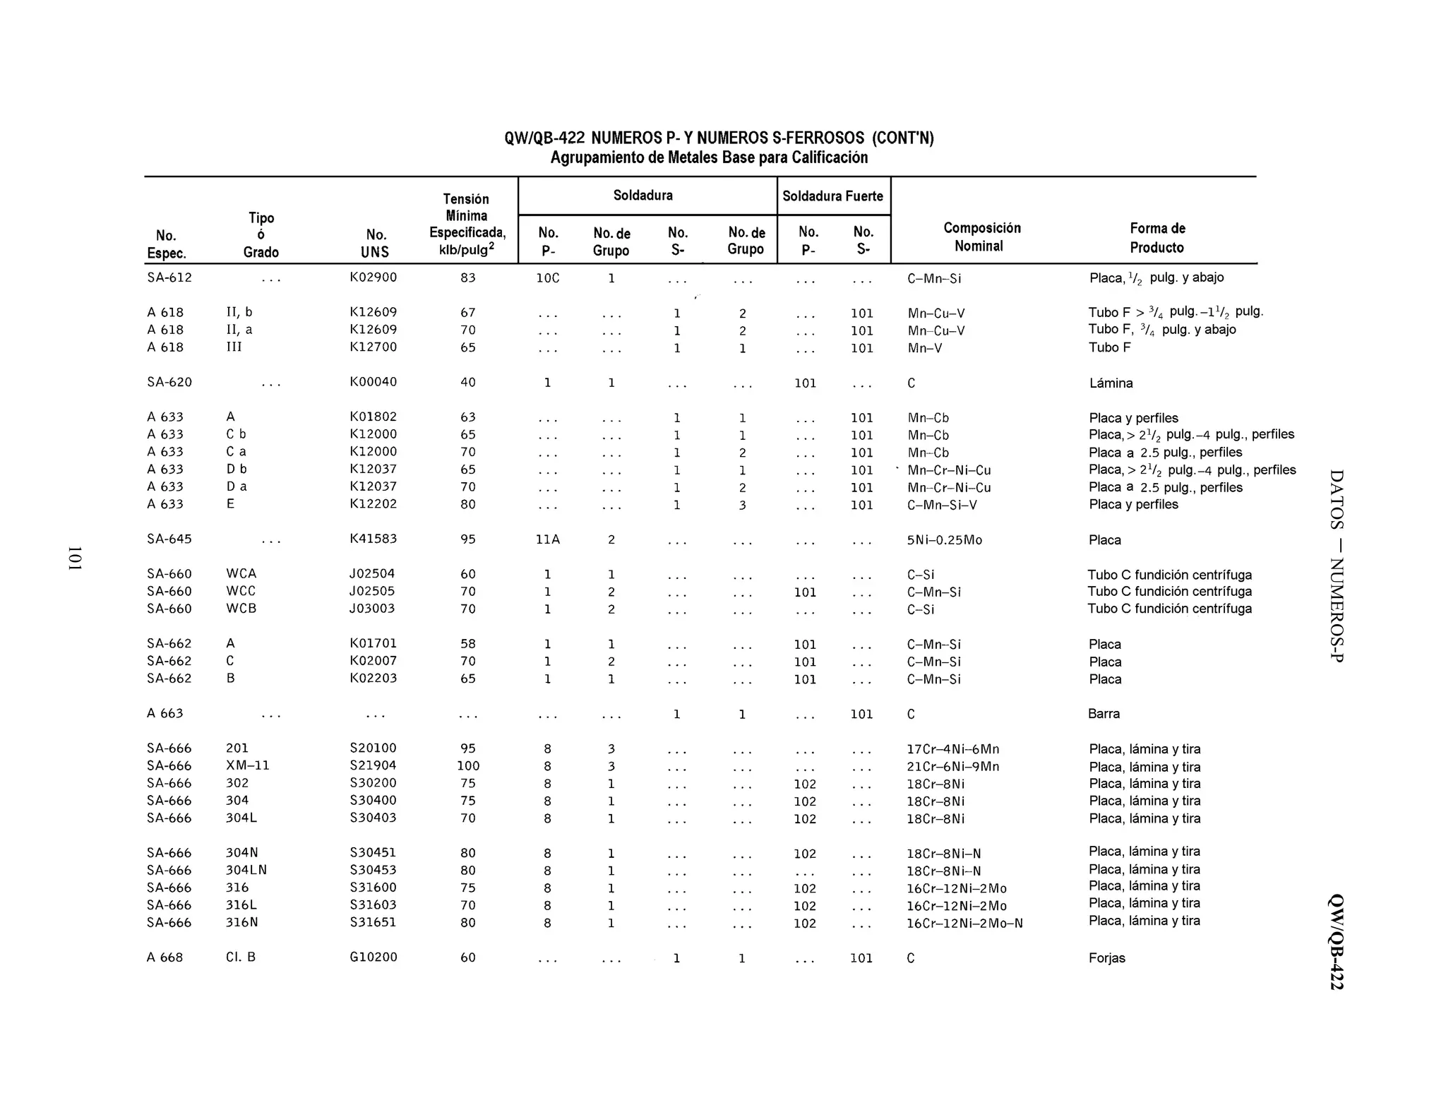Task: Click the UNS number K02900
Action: pyautogui.click(x=373, y=277)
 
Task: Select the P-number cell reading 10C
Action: pyautogui.click(x=547, y=278)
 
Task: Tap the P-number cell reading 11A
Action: pyautogui.click(x=547, y=539)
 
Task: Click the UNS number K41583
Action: pyautogui.click(x=373, y=539)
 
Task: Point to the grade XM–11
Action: pyautogui.click(x=247, y=765)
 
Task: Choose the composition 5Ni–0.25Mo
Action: pyautogui.click(x=944, y=540)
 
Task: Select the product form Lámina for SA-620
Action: pyautogui.click(x=1111, y=383)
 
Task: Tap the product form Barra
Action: pyautogui.click(x=1104, y=714)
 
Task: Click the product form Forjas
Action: pyautogui.click(x=1106, y=958)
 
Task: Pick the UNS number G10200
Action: pyautogui.click(x=373, y=957)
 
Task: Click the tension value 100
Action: pyautogui.click(x=467, y=766)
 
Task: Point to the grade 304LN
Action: pyautogui.click(x=246, y=871)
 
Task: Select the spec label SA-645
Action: pyautogui.click(x=169, y=539)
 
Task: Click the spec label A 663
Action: pyautogui.click(x=165, y=714)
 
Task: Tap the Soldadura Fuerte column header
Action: pyautogui.click(x=832, y=196)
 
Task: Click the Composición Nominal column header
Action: pyautogui.click(x=981, y=237)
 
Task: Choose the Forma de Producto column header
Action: pyautogui.click(x=1157, y=237)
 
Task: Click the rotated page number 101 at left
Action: pyautogui.click(x=75, y=558)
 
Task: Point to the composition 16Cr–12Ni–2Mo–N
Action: pyautogui.click(x=964, y=924)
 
